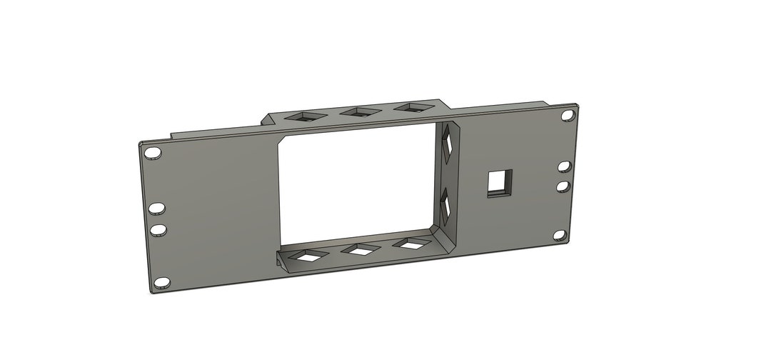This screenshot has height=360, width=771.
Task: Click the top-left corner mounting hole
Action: coord(153,154)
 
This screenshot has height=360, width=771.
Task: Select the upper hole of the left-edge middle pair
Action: coord(157,208)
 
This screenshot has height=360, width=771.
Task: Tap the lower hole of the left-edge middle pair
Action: coord(158,229)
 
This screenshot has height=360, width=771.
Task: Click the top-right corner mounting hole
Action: coord(568,115)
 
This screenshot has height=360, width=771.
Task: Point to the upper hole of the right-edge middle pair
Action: coord(564,166)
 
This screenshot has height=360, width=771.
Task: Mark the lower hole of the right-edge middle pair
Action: coord(563,186)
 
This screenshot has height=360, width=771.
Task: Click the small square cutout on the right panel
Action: coord(499,183)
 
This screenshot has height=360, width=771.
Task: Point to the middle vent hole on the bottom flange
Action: coord(361,249)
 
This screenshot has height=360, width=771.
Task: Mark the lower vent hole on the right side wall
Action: coord(446,205)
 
